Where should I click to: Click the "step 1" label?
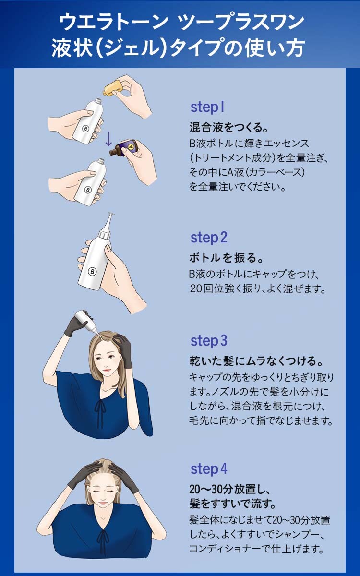click(207, 108)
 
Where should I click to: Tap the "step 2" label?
click(209, 238)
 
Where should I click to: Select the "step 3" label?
click(209, 341)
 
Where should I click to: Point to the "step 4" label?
click(209, 469)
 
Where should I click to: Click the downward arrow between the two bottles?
click(108, 139)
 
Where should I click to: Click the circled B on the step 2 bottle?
click(92, 272)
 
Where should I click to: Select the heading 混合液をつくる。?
click(228, 127)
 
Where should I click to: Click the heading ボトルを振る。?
click(227, 258)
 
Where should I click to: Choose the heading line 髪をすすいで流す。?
click(233, 503)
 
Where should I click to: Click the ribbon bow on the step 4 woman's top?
click(104, 537)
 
